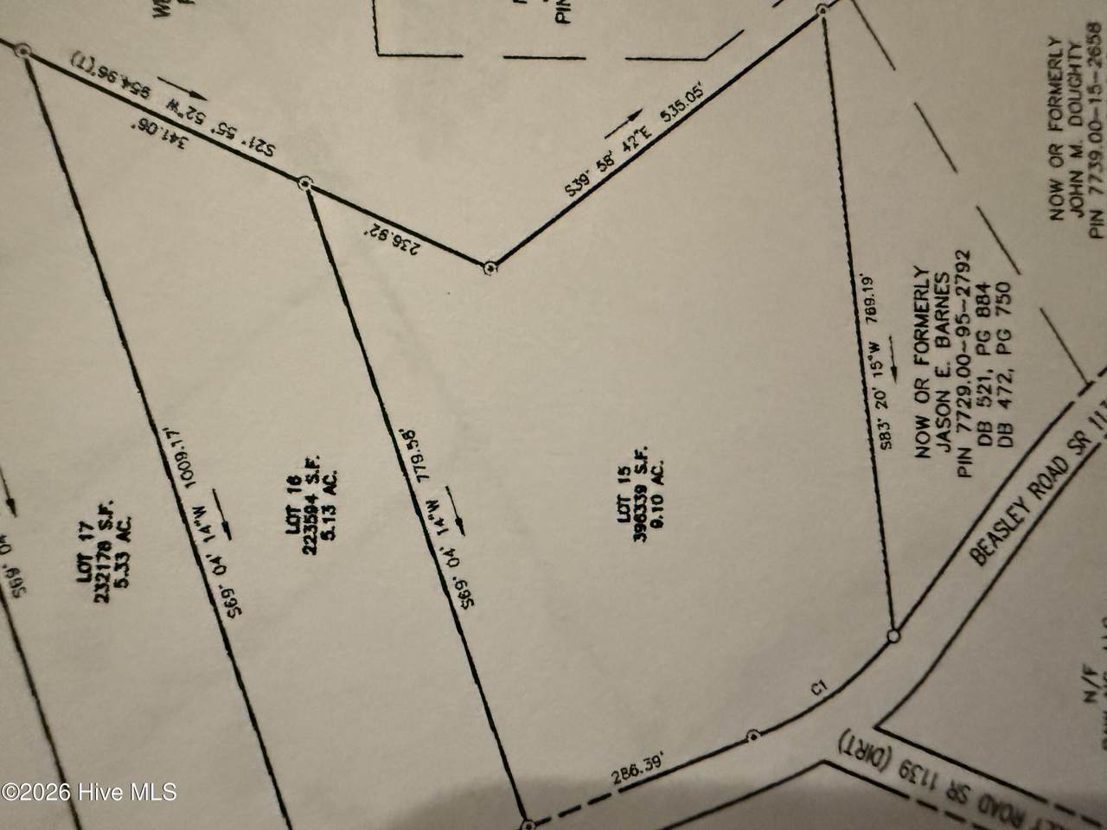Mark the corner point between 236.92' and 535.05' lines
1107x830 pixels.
pos(490,267)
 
